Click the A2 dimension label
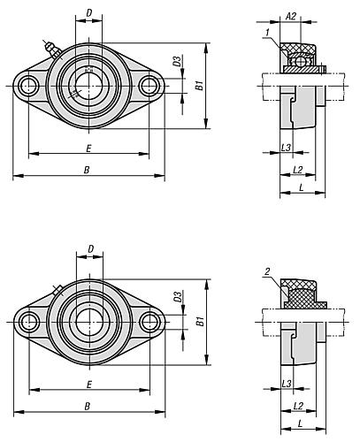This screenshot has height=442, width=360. point(291,16)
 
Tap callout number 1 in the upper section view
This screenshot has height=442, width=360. point(267,32)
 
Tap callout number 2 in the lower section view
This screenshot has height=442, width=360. point(267,271)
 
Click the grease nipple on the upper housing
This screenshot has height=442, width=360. point(52,50)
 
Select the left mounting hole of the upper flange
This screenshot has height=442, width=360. point(28,86)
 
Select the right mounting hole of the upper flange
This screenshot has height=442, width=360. point(149,86)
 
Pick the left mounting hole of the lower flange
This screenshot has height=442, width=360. point(29,322)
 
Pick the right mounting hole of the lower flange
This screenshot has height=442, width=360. point(149,322)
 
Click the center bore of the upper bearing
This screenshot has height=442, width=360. point(88,86)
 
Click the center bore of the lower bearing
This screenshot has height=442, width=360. point(89,322)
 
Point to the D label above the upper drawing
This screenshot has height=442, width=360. point(89,12)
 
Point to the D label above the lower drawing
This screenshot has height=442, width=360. point(91,249)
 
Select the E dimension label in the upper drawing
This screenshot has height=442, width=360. point(88,149)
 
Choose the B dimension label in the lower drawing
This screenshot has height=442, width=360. point(88,407)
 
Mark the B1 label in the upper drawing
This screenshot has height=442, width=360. point(200,86)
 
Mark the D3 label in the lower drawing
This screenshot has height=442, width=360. point(178,297)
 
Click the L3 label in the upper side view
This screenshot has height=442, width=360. point(286,148)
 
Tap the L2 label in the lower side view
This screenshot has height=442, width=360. point(298,407)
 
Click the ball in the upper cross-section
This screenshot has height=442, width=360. point(301,61)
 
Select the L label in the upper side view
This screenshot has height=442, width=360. point(301,187)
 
